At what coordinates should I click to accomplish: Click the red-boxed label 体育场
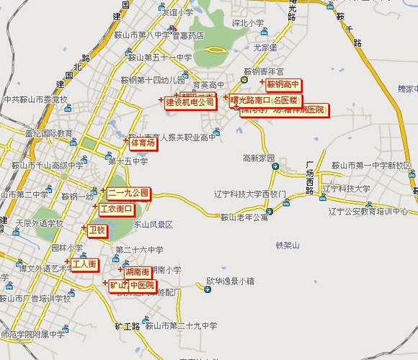tap(142, 143)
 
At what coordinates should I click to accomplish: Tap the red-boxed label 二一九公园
tap(129, 193)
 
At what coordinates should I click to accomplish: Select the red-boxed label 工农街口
tap(116, 209)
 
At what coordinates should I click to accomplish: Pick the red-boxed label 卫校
tap(97, 230)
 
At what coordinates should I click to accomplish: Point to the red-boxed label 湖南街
tap(137, 272)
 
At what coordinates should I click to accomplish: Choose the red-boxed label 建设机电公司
tap(190, 102)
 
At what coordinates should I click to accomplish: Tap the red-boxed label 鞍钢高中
tap(283, 85)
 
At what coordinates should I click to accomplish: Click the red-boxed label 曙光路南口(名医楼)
tap(264, 100)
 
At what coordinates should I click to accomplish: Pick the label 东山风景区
tap(152, 225)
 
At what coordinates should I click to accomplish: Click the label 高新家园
tap(259, 157)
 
